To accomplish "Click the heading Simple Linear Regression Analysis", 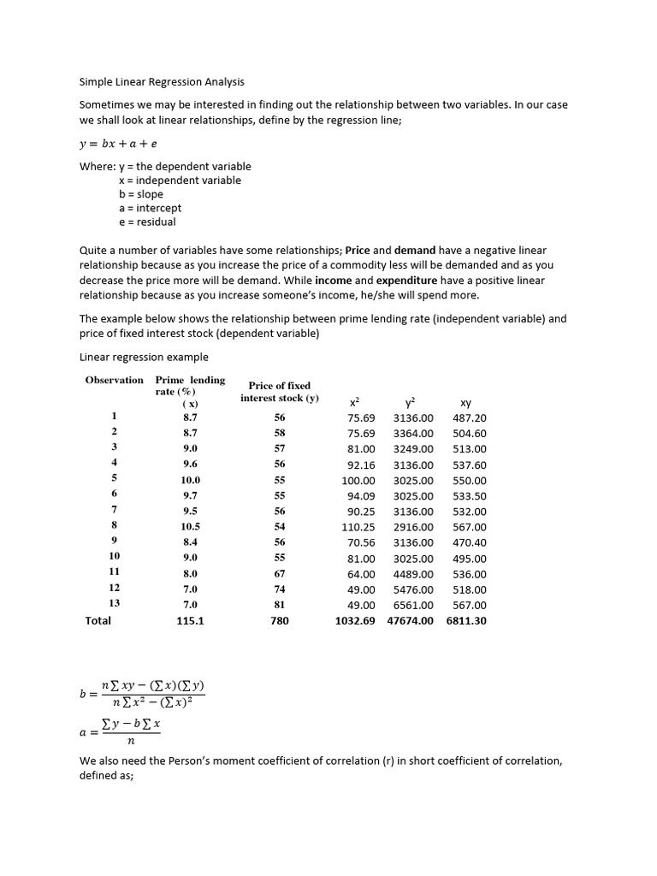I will tap(162, 82).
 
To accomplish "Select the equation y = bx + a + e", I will tap(118, 144).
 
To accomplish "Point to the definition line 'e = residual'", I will tap(147, 222).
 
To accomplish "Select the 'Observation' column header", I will tap(115, 380).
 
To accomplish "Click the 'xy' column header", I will tap(465, 402).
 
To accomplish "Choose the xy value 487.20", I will tap(469, 418).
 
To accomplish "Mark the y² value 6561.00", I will tap(413, 605).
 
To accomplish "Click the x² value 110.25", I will tap(358, 527).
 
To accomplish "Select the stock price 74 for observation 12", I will tap(279, 589).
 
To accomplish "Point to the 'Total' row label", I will tap(98, 620).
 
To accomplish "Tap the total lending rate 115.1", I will tap(190, 621).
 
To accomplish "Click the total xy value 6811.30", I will tap(466, 621).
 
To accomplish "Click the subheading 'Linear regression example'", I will tap(144, 357).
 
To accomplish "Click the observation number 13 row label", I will tap(114, 604).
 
